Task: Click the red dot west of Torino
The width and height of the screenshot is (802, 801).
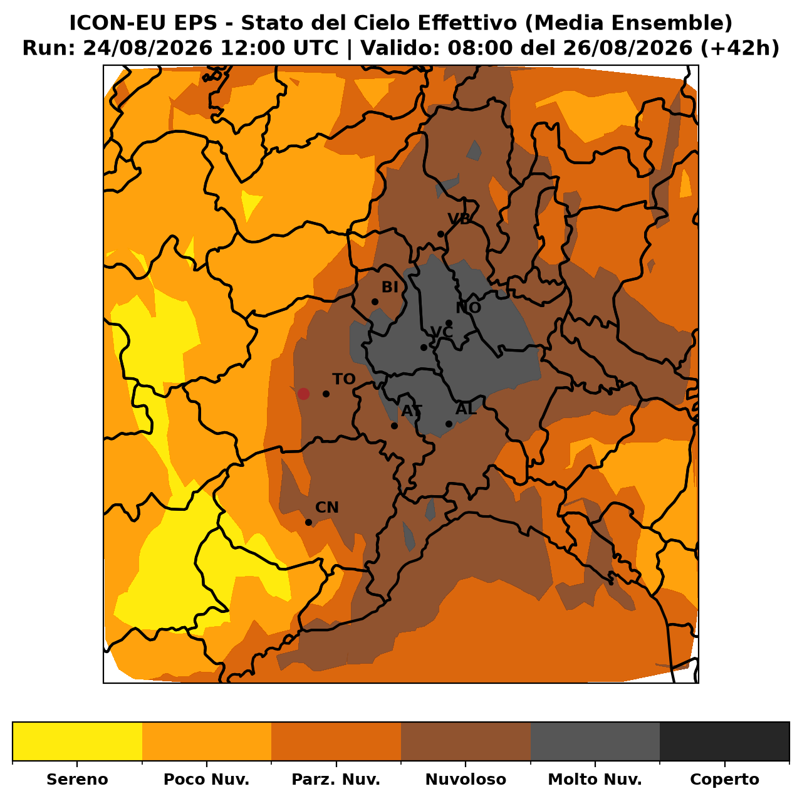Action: click(x=303, y=394)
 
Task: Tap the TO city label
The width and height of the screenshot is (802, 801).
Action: click(x=344, y=379)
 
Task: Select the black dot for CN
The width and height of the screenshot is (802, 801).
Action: click(x=308, y=522)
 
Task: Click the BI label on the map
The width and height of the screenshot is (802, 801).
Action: click(x=390, y=287)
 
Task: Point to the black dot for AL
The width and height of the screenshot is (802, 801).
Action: click(x=449, y=424)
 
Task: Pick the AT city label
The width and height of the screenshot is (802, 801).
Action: click(x=412, y=411)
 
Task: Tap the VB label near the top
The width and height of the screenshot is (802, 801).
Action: click(x=459, y=218)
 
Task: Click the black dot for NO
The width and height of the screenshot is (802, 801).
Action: click(x=449, y=323)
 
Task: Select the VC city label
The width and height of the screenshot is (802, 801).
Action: click(x=442, y=332)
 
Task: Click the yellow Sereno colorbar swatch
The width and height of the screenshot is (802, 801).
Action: click(x=78, y=741)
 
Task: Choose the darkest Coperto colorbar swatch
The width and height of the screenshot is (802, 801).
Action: click(x=724, y=741)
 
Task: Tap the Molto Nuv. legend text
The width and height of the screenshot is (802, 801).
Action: click(x=595, y=779)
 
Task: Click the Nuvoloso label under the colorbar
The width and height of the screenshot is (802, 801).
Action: click(x=466, y=779)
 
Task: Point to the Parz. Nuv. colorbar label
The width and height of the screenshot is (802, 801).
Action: click(x=336, y=779)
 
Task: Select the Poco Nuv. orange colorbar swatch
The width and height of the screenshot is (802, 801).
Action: click(x=207, y=741)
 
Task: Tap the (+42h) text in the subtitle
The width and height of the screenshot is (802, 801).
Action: click(x=740, y=48)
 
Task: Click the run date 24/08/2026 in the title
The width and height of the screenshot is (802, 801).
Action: click(x=148, y=48)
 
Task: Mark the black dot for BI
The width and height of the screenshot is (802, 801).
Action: click(x=375, y=301)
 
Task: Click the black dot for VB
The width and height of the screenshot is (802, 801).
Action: click(x=440, y=234)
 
